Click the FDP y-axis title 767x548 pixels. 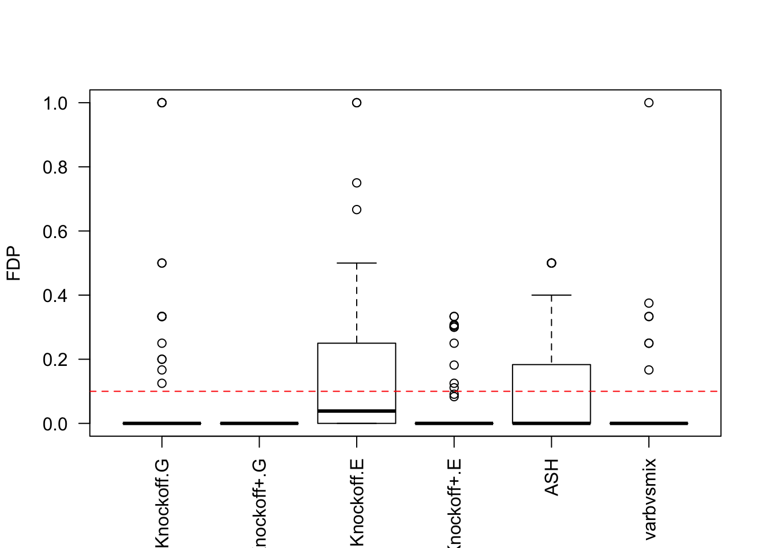coord(14,263)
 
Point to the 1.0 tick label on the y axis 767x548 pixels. coord(55,103)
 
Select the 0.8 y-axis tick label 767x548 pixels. coord(55,167)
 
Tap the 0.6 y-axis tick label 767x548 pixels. coord(55,231)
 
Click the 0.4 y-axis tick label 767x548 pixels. coord(55,296)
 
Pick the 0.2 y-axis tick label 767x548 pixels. coord(55,360)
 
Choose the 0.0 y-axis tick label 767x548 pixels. coord(55,424)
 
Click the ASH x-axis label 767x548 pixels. coord(551,477)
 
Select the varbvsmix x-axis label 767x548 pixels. coord(649,498)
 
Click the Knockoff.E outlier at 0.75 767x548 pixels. coord(357,183)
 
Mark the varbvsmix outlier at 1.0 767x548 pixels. coord(649,103)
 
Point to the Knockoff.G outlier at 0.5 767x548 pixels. coord(162,263)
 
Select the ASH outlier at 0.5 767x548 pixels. coord(551,263)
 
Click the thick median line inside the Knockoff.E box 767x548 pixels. coord(357,411)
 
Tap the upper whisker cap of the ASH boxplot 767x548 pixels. coord(551,295)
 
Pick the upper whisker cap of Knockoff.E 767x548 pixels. coord(357,263)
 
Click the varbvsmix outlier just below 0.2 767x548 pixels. coord(649,370)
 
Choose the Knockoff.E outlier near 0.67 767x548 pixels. coord(357,209)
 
